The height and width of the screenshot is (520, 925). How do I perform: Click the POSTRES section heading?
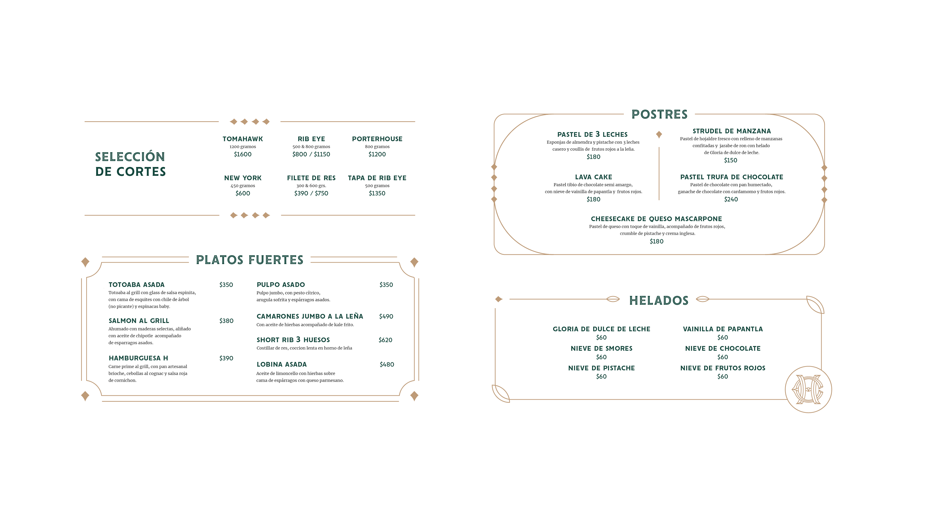659,115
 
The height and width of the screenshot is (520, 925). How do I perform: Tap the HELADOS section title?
659,300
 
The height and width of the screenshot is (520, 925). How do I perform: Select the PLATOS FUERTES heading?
250,260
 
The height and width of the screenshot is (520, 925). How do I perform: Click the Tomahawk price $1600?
243,154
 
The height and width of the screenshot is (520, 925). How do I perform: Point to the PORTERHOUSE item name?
377,139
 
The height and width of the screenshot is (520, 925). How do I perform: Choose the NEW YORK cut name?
243,178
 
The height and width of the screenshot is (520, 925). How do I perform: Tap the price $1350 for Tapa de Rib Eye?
377,193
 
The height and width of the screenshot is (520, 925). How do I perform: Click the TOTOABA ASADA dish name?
136,285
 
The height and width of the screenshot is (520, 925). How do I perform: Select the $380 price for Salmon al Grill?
226,321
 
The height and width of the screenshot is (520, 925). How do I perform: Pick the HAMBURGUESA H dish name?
138,358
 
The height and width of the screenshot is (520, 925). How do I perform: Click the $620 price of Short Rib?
385,340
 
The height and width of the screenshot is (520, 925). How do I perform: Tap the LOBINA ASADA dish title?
282,364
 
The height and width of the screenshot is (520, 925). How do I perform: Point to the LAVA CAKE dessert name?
594,177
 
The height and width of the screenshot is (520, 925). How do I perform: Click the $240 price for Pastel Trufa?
731,199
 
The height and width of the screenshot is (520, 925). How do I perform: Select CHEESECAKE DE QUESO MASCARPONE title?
656,219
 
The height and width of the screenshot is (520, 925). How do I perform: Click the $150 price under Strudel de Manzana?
730,160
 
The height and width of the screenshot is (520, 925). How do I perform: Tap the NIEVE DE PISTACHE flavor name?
601,368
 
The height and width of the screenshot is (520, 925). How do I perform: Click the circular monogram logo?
808,389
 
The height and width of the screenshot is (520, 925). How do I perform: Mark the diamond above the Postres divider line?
659,135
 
